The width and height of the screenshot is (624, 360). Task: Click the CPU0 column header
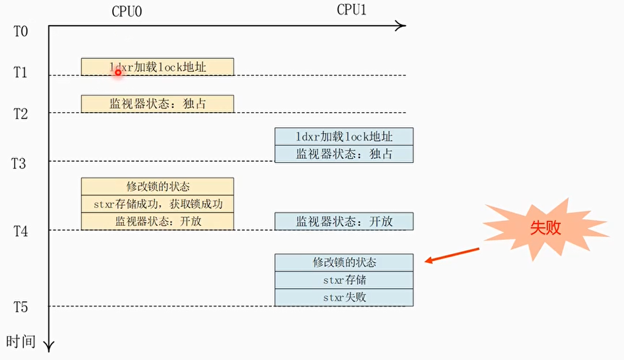coord(127,12)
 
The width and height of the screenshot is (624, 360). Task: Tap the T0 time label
coord(21,31)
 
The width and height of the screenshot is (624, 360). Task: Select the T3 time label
coord(20,163)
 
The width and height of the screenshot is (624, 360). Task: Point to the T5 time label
coord(20,307)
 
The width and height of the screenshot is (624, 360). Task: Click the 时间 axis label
coord(20,341)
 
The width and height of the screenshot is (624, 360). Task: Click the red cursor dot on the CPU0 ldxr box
coord(118,72)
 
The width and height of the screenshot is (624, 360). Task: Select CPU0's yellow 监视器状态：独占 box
coord(157,104)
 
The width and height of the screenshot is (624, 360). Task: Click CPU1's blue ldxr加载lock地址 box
coord(344,137)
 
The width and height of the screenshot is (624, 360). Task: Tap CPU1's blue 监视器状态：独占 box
coord(344,154)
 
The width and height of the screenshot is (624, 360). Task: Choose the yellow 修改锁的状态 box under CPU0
coord(157,186)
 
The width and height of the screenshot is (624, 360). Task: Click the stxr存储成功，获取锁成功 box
coord(157,204)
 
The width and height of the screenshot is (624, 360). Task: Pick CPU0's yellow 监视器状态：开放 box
coord(157,221)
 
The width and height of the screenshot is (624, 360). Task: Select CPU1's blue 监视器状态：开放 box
coord(344,221)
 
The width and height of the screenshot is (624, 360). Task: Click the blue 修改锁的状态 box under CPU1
coord(344,263)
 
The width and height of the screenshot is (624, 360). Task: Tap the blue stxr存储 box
coord(344,280)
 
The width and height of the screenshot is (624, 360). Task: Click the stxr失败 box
coord(344,298)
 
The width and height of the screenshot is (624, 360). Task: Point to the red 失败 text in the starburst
coord(545,228)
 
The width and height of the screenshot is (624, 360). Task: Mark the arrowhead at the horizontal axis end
coord(400,26)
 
